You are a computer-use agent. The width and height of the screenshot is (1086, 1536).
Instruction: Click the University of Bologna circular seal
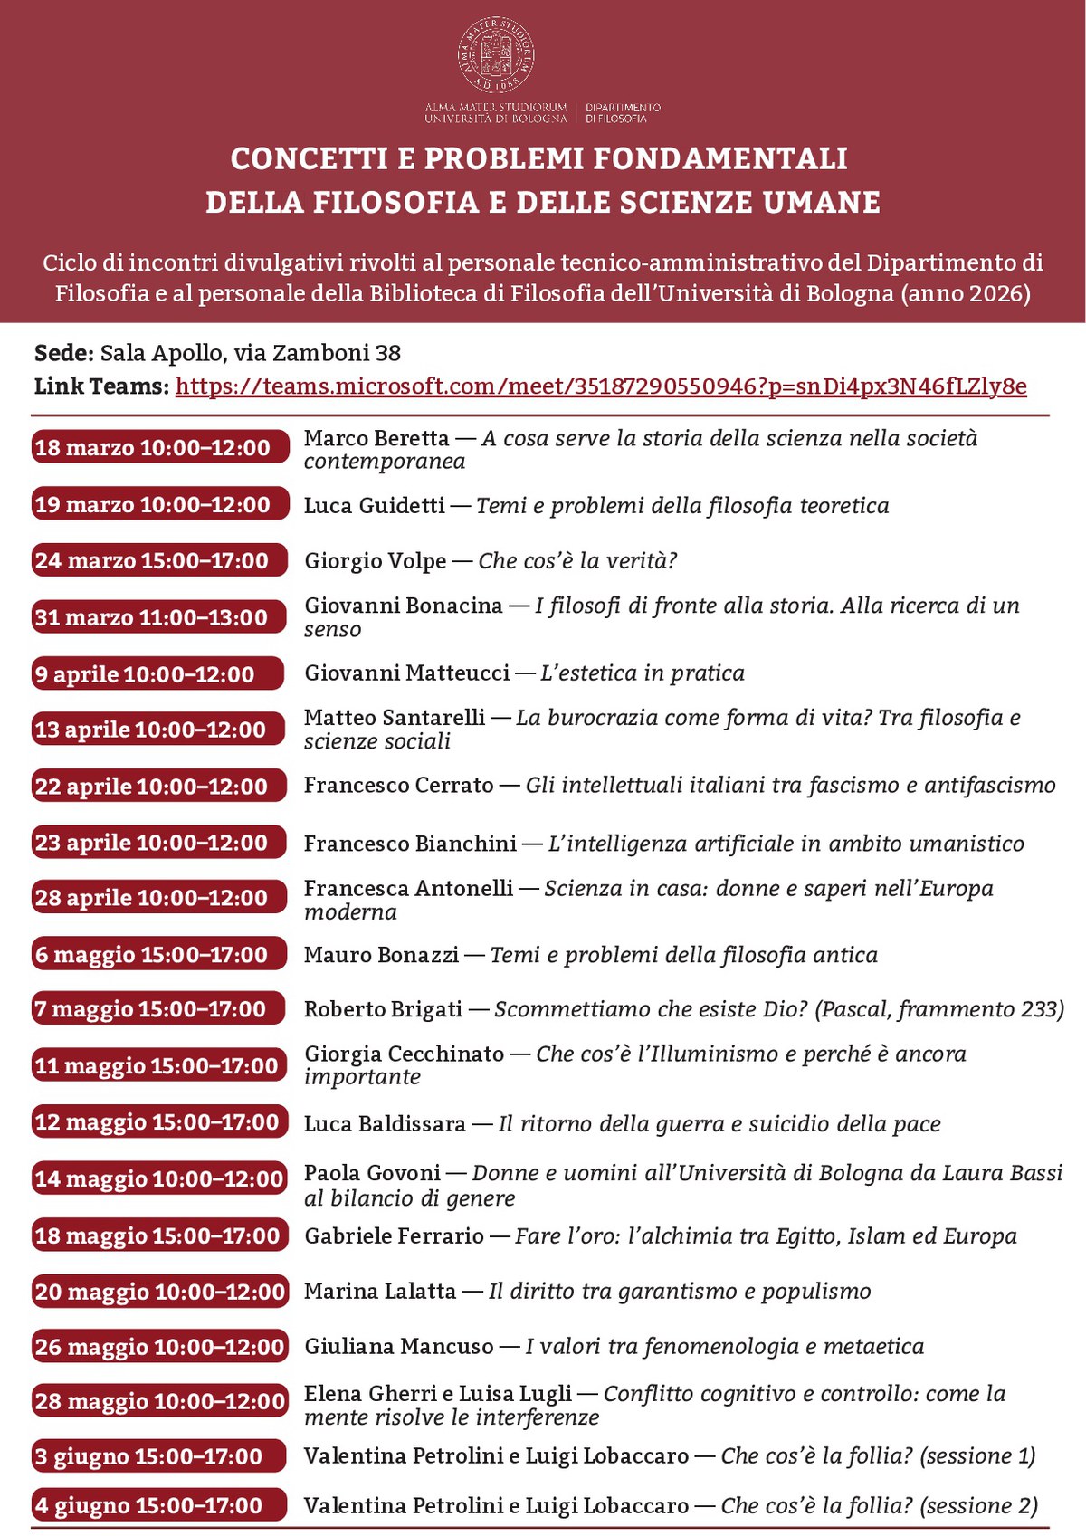495,55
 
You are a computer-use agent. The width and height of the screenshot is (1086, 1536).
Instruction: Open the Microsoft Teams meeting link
601,386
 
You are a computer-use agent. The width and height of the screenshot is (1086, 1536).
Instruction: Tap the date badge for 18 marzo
159,447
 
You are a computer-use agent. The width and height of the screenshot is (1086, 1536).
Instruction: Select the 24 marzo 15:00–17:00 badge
159,560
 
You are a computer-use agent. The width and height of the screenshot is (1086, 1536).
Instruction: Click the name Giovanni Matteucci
407,673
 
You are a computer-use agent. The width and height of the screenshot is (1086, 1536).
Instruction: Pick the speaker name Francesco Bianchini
410,844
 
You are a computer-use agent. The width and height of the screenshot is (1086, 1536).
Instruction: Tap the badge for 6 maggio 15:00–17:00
159,954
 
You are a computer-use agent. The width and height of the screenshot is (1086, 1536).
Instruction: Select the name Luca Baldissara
385,1124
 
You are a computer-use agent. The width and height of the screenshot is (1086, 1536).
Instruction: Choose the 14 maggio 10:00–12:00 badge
159,1178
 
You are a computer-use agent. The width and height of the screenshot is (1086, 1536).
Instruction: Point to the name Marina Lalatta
380,1292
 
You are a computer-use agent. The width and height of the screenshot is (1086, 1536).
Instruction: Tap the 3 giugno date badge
159,1456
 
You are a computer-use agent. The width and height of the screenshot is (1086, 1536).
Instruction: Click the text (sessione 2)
978,1505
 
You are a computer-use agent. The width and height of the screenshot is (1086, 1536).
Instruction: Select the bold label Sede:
63,353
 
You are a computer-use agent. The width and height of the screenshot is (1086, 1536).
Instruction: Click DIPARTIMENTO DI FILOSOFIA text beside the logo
623,112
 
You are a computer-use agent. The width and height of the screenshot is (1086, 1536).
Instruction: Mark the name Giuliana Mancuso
399,1347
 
